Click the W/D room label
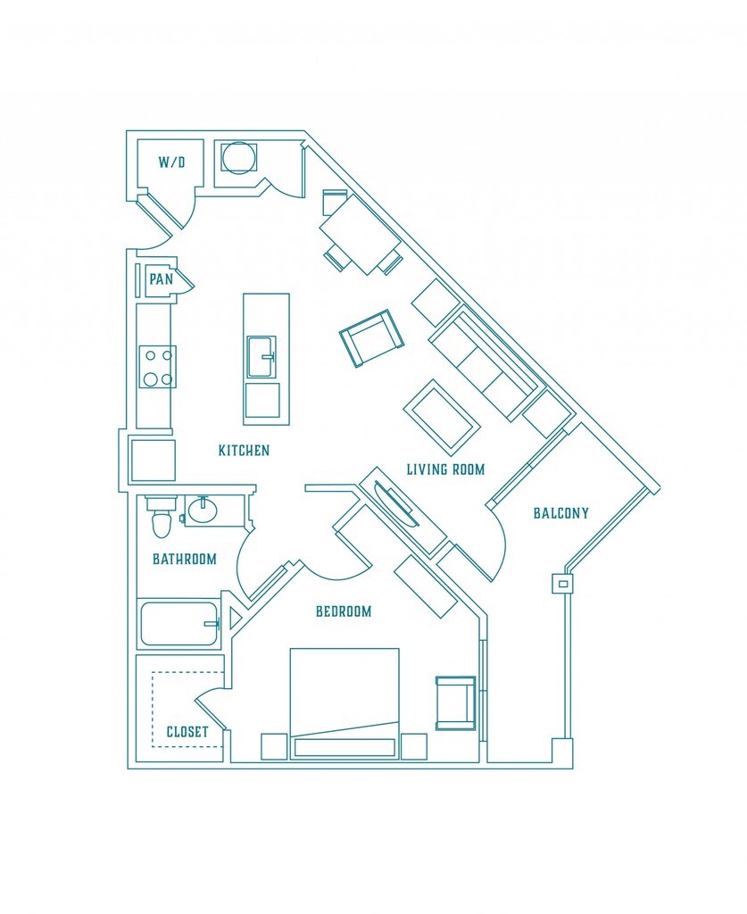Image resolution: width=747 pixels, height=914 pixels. [171, 162]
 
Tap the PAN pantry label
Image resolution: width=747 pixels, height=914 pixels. [161, 279]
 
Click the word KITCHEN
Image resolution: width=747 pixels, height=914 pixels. [244, 450]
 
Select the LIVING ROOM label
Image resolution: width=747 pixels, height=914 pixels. [445, 469]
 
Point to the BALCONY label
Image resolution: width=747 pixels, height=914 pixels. [561, 513]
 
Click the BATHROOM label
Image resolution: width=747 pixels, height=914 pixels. [185, 559]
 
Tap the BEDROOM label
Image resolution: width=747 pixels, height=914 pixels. [344, 611]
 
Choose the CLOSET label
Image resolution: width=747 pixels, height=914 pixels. [187, 732]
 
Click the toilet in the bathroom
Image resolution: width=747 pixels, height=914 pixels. [161, 518]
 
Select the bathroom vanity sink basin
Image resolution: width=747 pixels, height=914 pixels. [203, 511]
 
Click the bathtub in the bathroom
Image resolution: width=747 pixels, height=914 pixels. [178, 624]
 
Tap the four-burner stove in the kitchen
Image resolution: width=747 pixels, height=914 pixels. [157, 367]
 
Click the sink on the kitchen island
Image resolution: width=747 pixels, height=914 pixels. [261, 357]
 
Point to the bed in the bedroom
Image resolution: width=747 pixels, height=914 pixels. [345, 703]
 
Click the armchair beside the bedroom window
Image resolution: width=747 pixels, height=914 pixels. [456, 703]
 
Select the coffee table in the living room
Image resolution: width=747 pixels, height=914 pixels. [443, 418]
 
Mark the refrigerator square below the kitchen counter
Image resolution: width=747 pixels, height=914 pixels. [153, 461]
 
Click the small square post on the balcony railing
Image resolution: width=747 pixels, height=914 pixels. [563, 583]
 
